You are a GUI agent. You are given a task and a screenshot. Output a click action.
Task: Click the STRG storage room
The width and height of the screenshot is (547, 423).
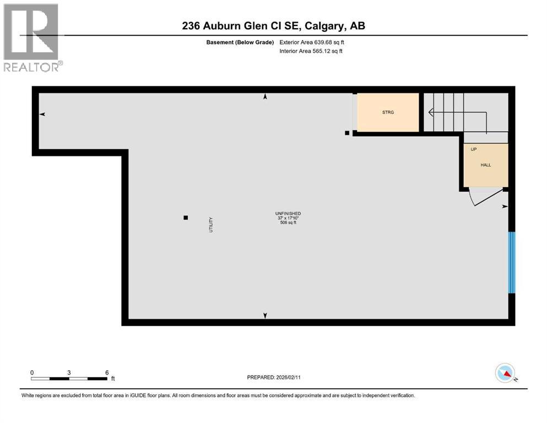(x=388, y=112)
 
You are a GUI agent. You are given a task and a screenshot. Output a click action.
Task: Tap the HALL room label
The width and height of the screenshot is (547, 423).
(x=485, y=165)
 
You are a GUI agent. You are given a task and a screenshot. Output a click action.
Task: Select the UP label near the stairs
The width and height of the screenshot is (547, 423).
(x=473, y=149)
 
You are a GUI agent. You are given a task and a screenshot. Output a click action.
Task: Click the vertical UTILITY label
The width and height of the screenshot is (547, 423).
(x=210, y=224)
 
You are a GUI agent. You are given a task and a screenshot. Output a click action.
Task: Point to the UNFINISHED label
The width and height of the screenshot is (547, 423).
(x=288, y=213)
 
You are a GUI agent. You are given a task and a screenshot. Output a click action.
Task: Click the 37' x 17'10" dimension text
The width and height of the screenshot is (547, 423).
(x=288, y=218)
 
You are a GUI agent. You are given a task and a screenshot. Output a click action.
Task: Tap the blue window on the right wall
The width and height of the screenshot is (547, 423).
(x=511, y=262)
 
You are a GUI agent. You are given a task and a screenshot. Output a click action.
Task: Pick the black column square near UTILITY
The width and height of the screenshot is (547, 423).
(x=186, y=218)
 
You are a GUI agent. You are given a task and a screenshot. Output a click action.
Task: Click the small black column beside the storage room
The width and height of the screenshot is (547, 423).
(x=347, y=133)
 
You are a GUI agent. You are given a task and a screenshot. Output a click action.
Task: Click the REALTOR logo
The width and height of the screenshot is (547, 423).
(x=32, y=37)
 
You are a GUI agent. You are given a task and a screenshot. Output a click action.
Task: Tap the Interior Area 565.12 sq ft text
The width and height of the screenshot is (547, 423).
(x=311, y=51)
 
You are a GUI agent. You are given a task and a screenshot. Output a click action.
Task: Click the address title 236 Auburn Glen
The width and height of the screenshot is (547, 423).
(x=273, y=25)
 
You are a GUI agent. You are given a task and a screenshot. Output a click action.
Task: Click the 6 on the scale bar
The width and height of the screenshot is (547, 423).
(x=106, y=372)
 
